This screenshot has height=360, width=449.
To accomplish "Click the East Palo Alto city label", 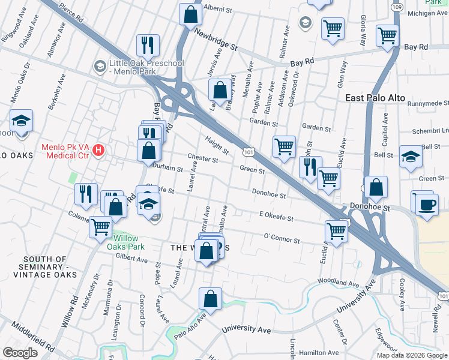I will pyautogui.click(x=375, y=98).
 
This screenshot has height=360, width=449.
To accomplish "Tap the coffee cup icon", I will pyautogui.click(x=427, y=204).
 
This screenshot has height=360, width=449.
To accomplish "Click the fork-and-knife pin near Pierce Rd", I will pyautogui.click(x=148, y=44).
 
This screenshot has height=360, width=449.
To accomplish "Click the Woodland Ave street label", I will pyautogui.click(x=338, y=281).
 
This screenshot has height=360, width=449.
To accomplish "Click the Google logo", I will pyautogui.click(x=20, y=353).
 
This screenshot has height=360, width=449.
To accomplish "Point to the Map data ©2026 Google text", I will pyautogui.click(x=411, y=355).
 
